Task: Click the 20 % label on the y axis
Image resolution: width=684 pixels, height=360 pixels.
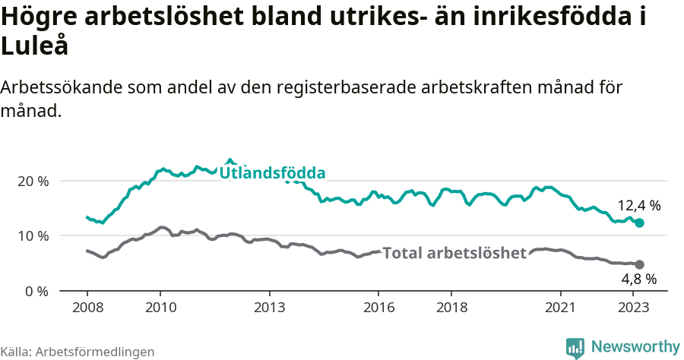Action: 33,182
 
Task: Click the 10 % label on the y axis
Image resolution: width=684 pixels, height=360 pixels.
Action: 33,236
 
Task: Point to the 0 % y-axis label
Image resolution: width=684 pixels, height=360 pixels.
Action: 36,291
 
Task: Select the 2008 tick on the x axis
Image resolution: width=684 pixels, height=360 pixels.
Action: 87,308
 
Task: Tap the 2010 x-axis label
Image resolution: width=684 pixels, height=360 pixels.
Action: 160,308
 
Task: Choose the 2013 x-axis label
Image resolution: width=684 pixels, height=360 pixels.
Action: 269,308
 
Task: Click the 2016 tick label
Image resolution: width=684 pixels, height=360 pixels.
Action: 378,308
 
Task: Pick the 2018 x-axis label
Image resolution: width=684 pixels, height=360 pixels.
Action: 451,308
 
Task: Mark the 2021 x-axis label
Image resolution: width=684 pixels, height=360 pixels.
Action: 561,308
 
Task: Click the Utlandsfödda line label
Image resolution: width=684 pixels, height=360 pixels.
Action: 272,173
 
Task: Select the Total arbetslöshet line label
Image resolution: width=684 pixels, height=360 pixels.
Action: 454,253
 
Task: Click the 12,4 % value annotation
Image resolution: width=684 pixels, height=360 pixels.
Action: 638,206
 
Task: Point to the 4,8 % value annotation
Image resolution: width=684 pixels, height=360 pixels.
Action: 638,279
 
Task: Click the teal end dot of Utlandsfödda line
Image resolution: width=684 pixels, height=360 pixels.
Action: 639,223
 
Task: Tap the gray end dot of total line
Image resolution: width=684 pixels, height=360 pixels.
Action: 639,264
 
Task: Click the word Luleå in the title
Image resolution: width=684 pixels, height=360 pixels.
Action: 35,46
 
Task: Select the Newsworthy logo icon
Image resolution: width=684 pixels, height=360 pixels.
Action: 575,348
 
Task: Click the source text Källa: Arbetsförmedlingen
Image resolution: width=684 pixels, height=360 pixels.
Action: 78,352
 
